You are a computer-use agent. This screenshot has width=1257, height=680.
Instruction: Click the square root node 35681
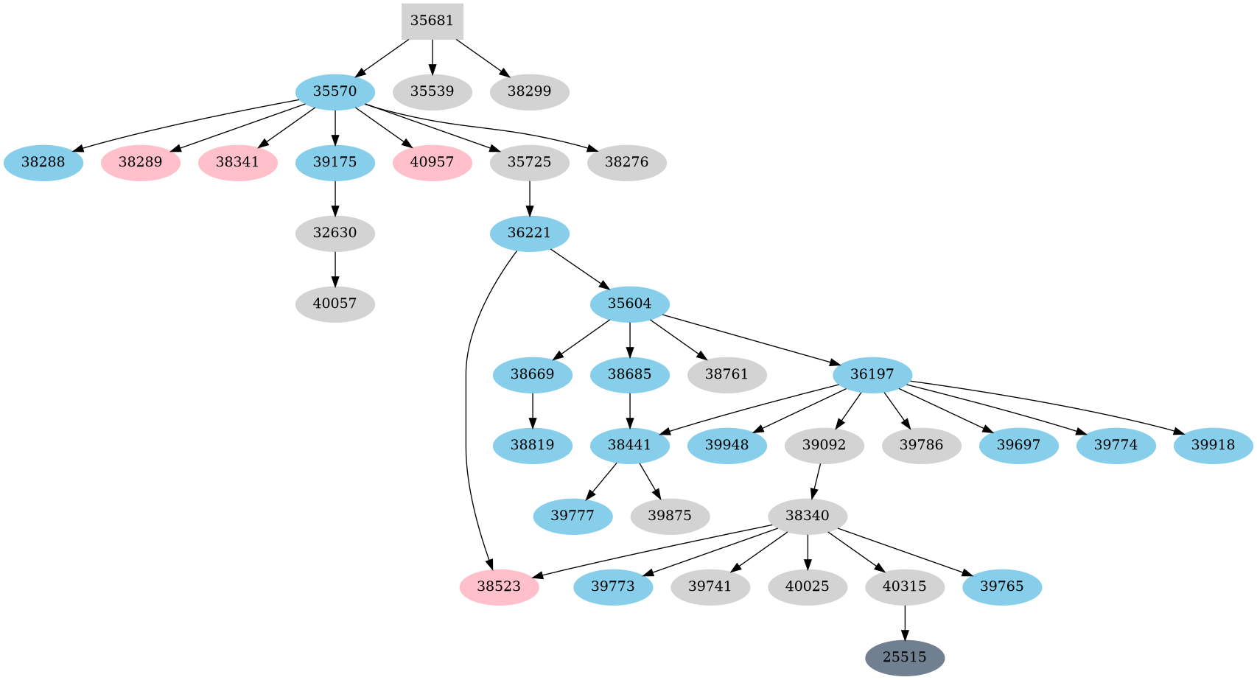432,21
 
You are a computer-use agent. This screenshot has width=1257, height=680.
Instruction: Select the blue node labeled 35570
335,92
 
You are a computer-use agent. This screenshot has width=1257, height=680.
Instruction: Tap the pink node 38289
141,163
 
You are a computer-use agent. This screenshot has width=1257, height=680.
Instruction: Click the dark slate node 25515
904,657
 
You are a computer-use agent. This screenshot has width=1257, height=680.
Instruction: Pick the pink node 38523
499,587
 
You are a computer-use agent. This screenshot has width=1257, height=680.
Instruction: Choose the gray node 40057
335,304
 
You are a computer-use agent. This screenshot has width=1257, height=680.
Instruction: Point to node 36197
872,375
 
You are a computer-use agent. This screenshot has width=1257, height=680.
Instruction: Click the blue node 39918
1213,446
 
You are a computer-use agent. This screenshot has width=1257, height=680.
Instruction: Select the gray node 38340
808,516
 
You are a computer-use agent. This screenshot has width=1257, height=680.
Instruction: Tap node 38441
630,446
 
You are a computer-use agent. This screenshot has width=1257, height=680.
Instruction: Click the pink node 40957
433,163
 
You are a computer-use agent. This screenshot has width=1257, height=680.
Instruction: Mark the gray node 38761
726,375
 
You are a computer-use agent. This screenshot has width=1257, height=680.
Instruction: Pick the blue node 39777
573,516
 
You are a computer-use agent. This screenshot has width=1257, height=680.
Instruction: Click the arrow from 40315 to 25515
905,623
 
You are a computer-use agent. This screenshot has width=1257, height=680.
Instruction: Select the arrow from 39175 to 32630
335,198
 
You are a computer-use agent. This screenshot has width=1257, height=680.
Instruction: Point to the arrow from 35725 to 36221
530,198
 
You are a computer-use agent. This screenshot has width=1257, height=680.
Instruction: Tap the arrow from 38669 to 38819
533,410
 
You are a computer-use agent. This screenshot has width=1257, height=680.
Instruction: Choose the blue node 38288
43,163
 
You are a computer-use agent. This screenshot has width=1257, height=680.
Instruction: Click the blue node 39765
1002,587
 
